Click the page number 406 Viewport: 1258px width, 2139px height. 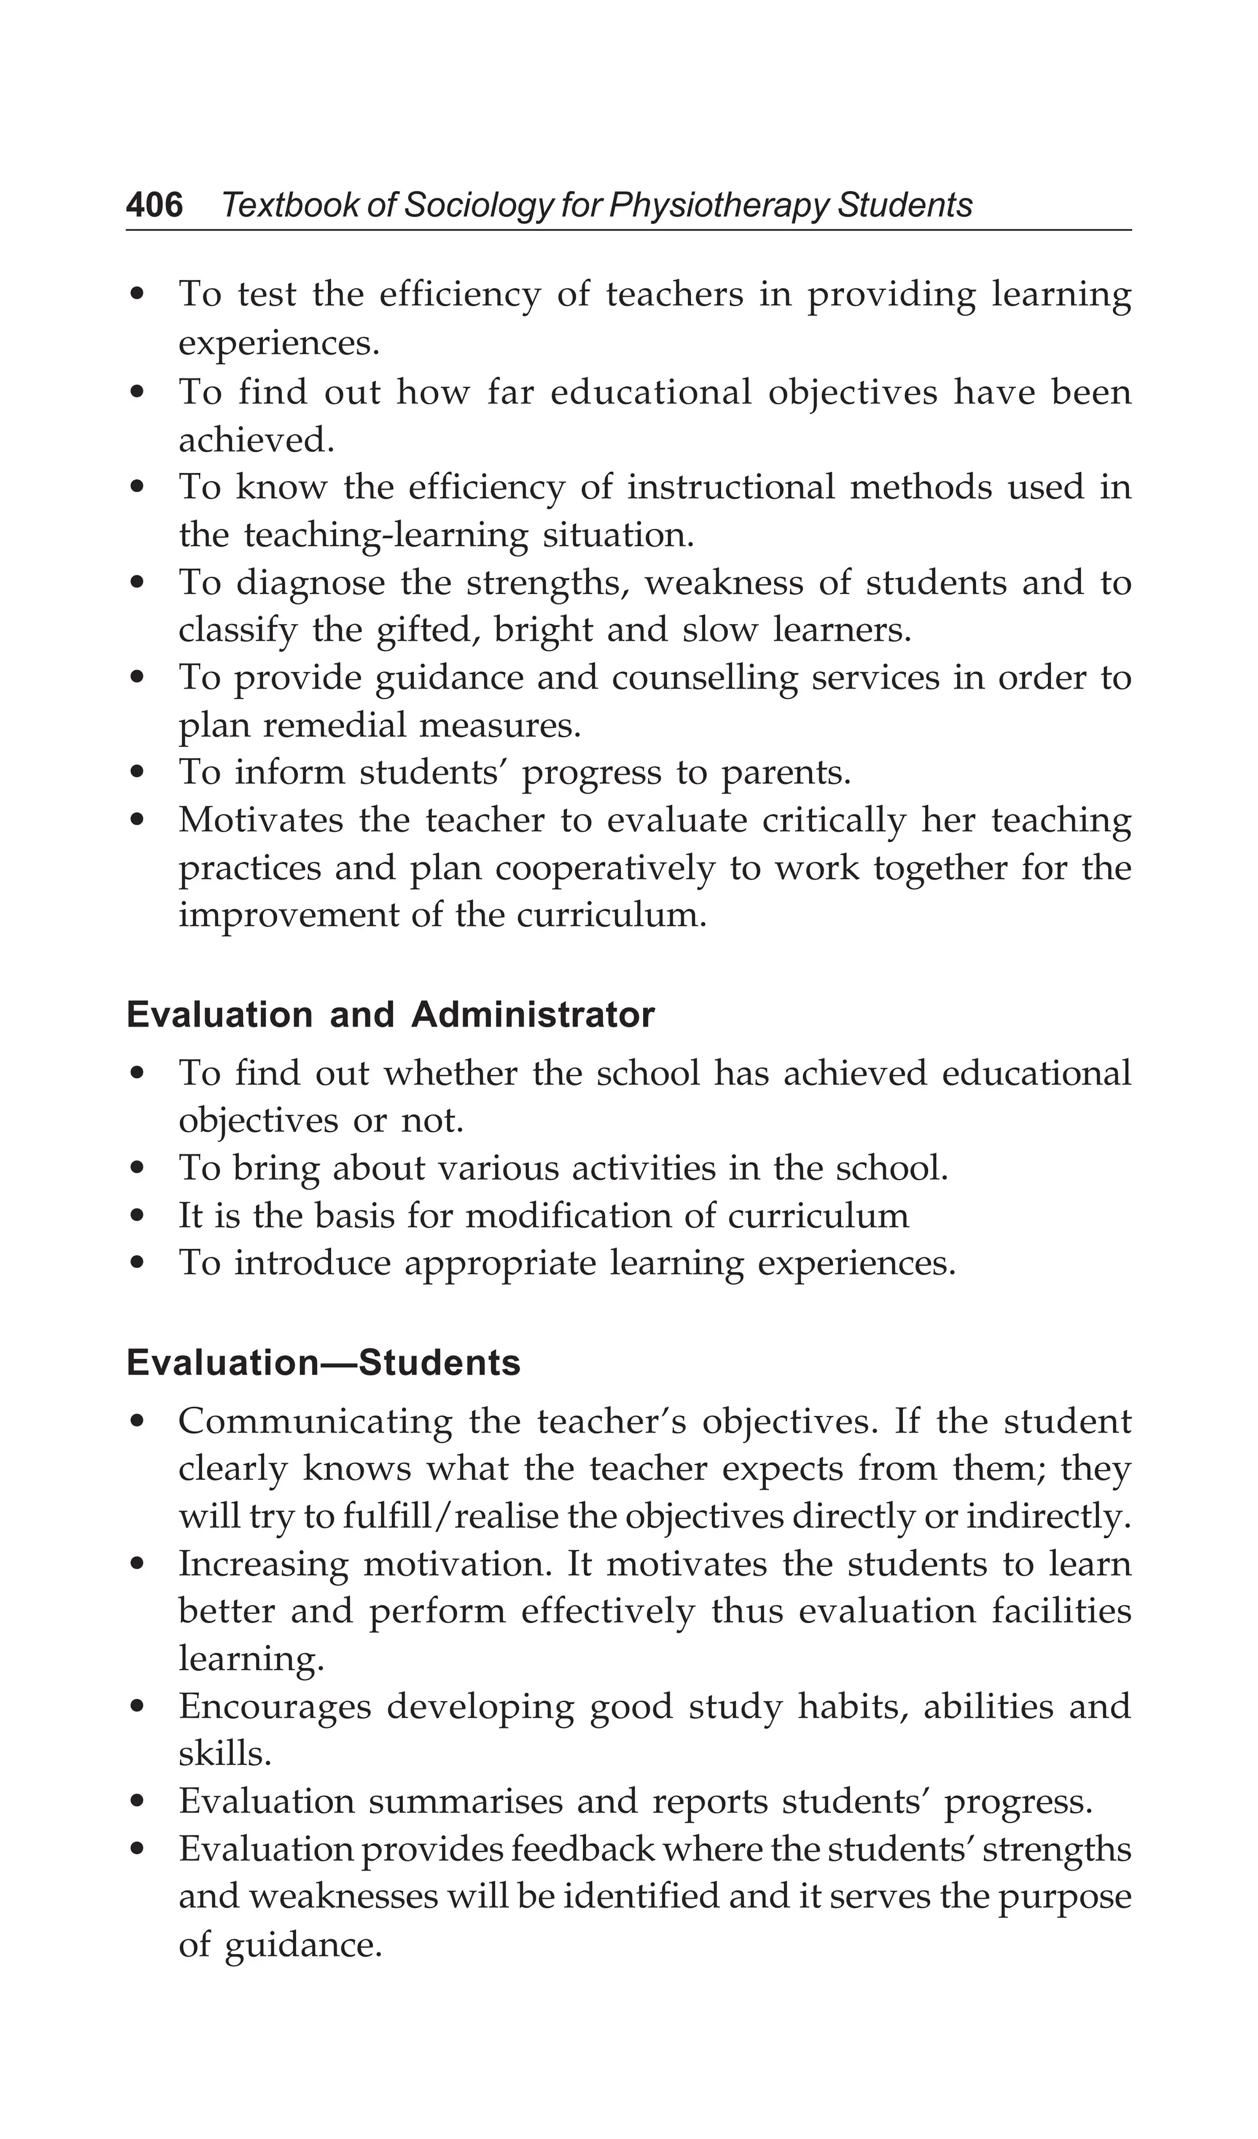(155, 205)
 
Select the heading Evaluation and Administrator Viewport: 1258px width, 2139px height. (391, 1015)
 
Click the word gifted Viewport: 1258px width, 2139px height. (424, 632)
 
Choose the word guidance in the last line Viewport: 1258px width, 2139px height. (302, 1945)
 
